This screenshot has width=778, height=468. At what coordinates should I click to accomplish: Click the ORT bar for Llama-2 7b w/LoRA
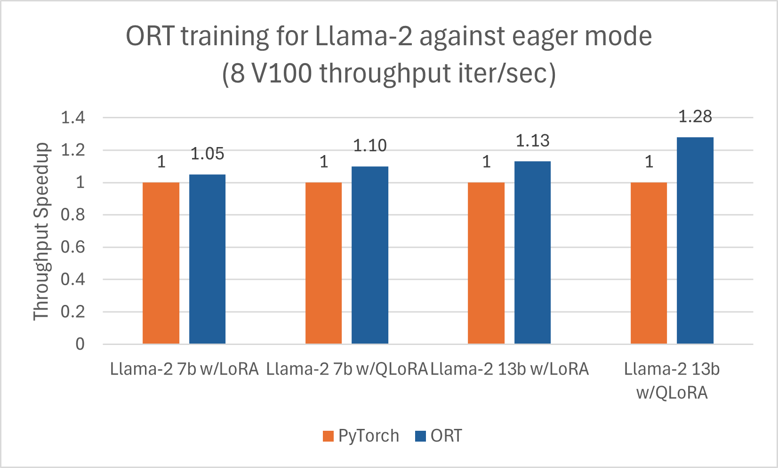pos(207,259)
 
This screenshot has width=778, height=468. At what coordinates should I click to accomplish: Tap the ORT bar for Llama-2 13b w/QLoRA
pos(695,240)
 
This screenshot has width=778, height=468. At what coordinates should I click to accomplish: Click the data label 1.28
pos(695,116)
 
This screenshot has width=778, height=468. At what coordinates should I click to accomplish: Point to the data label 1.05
pos(207,154)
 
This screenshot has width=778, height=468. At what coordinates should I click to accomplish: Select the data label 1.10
pos(370,146)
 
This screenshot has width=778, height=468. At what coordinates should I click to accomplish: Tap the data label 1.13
pos(532,140)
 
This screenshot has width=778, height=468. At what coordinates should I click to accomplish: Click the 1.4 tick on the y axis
pos(73,117)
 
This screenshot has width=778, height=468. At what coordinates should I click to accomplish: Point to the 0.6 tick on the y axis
pos(73,247)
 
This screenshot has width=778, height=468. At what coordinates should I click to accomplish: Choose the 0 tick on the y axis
pos(80,344)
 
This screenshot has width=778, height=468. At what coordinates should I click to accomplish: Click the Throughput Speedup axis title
pos(41,231)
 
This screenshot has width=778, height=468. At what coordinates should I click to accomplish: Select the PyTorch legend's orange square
pos(328,436)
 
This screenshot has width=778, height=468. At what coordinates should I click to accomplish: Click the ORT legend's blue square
pos(420,436)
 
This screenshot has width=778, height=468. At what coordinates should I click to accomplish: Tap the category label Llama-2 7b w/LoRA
pos(184,369)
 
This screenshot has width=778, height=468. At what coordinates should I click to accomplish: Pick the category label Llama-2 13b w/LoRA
pos(509,369)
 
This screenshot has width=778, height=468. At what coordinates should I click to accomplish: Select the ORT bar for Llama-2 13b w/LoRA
pos(532,253)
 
